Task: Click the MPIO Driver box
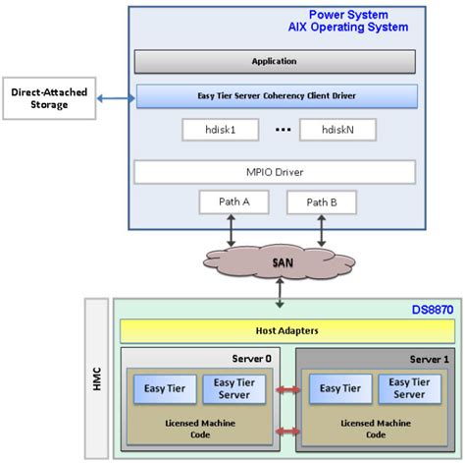coord(275,172)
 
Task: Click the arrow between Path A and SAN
coord(229,228)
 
